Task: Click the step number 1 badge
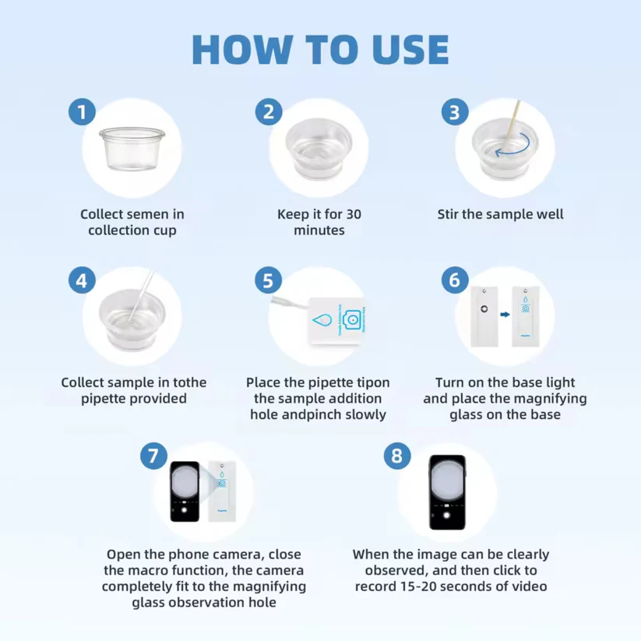click(x=82, y=111)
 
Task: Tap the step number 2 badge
click(x=269, y=111)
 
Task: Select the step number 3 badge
click(x=455, y=112)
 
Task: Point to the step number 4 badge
click(x=82, y=280)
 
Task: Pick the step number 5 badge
click(x=268, y=280)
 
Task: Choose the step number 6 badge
click(x=455, y=280)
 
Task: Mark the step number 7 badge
click(x=153, y=456)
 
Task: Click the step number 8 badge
click(x=397, y=456)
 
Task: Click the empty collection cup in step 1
click(x=132, y=149)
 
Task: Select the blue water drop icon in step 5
click(x=322, y=320)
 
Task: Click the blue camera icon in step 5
click(x=351, y=319)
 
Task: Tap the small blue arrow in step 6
click(x=505, y=315)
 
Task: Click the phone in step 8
click(x=448, y=492)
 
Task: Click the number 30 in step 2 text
click(x=354, y=214)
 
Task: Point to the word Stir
click(x=448, y=214)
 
